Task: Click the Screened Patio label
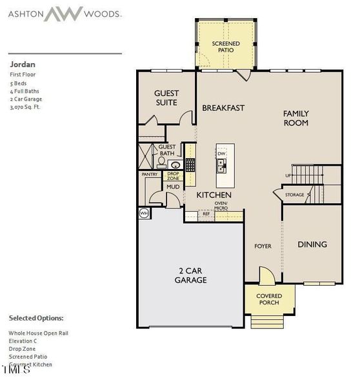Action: click(x=226, y=48)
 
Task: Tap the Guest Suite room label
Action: click(x=166, y=98)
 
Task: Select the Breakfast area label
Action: click(x=223, y=108)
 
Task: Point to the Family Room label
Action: click(x=295, y=118)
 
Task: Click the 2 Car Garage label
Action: click(x=190, y=275)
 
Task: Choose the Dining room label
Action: click(x=312, y=244)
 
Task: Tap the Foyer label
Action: click(x=263, y=246)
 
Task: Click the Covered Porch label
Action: click(x=269, y=299)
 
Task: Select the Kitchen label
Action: click(x=214, y=195)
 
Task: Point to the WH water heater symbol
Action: click(x=143, y=212)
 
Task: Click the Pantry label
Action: click(x=150, y=174)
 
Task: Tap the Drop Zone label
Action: click(x=173, y=175)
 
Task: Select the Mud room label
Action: click(x=173, y=187)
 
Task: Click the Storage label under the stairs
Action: click(x=294, y=194)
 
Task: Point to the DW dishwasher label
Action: click(x=221, y=153)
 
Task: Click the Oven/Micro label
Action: click(x=221, y=206)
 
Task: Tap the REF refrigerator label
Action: click(x=206, y=213)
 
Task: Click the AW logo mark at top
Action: click(x=63, y=14)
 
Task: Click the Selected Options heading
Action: click(x=36, y=318)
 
